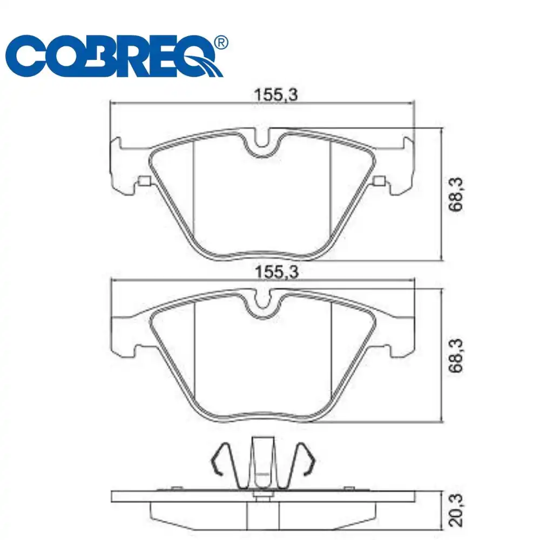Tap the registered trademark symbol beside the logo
221,43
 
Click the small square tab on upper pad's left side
144,181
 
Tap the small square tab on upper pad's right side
379,181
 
